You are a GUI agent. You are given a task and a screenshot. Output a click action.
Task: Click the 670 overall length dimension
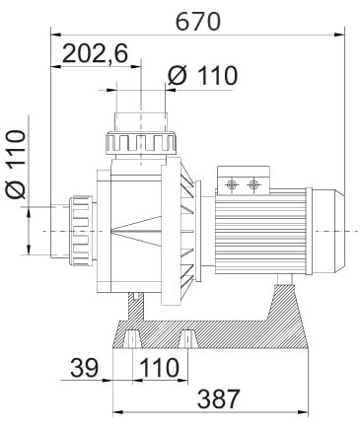[198, 22]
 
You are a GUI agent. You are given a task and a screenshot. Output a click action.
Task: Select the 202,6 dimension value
[95, 53]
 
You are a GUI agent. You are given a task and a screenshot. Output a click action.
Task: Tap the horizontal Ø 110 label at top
[202, 76]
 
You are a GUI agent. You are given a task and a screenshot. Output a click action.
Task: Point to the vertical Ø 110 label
[16, 165]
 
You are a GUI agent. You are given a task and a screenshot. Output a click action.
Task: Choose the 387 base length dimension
[219, 398]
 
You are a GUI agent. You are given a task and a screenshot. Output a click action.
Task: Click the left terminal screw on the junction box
[232, 184]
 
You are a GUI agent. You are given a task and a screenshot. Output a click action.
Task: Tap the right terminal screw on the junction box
[252, 184]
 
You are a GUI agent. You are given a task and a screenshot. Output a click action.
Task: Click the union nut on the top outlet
[142, 144]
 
